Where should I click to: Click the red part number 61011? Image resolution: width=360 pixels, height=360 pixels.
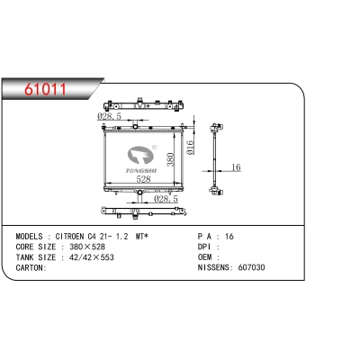pos(46,89)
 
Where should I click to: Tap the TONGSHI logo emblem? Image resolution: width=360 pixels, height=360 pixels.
pos(140,155)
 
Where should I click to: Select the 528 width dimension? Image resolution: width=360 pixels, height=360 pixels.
pos(143,179)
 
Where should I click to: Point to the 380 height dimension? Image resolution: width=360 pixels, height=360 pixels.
pos(170,159)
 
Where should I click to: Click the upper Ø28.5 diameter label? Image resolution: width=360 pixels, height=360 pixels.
pos(109,116)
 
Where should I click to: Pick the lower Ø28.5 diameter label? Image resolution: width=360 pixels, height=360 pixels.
pos(166,199)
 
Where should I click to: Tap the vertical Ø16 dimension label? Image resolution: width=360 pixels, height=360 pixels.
pos(190,148)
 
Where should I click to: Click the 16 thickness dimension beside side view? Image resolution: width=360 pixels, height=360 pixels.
pos(236,167)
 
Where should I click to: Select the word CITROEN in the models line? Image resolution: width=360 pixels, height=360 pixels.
pos(69,237)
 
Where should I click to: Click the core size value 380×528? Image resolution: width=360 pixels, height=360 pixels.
pos(87,247)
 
